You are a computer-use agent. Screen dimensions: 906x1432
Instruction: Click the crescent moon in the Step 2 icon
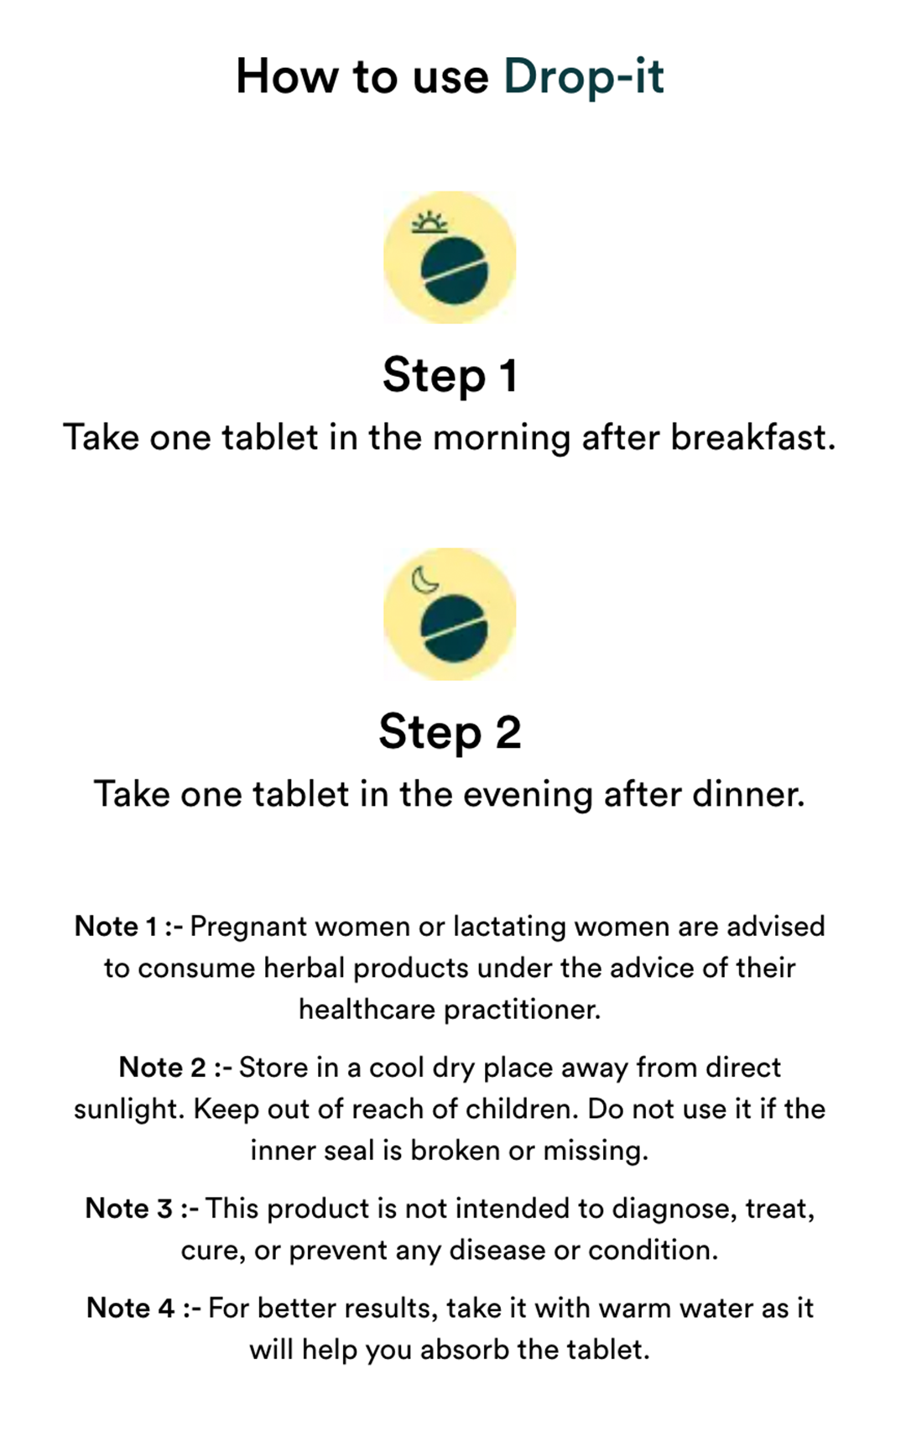(424, 580)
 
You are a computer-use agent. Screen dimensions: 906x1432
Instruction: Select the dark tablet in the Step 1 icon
(455, 269)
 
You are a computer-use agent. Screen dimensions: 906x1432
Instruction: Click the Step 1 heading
(450, 374)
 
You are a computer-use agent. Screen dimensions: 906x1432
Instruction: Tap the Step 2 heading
(450, 732)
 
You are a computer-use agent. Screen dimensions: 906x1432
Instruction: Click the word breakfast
(752, 438)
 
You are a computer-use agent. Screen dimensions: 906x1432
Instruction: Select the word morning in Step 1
(502, 440)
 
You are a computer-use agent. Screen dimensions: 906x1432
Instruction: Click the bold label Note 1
(117, 927)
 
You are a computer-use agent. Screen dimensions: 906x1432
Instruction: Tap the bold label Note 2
(162, 1067)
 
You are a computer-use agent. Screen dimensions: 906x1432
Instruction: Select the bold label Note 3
(129, 1208)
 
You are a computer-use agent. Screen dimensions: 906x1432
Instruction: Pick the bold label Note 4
(130, 1307)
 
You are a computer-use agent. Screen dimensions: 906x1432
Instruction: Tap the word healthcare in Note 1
(367, 1010)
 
